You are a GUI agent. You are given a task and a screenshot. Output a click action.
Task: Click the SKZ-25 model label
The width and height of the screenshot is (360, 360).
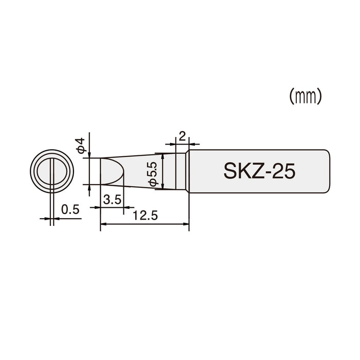point(259,171)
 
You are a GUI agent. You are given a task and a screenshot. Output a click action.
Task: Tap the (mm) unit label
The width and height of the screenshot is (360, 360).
point(305,96)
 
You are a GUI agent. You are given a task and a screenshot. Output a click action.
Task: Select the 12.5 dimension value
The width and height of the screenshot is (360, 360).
point(144,216)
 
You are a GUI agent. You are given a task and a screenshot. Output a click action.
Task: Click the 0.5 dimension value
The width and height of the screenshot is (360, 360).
point(69,209)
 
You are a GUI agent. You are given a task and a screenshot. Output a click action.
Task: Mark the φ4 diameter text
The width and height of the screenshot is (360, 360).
point(81,145)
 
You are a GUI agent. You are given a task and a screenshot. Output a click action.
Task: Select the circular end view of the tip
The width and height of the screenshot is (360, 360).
point(52,171)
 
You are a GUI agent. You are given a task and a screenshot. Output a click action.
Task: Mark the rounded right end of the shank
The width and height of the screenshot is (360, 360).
point(328,171)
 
